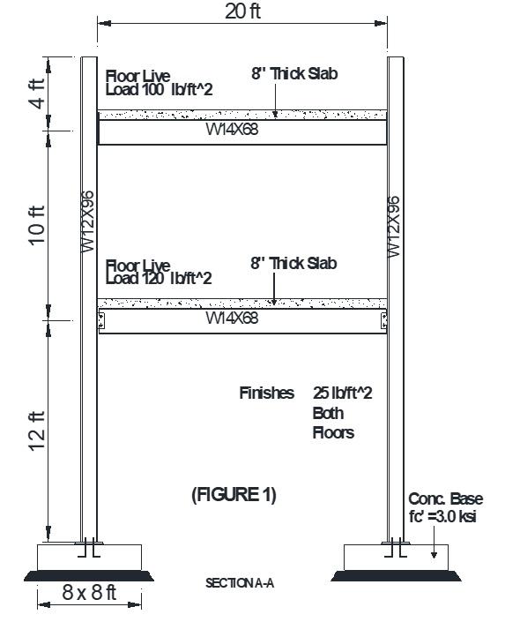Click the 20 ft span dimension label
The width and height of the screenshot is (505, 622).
[x=242, y=11]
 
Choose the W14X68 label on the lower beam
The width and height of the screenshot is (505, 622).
[x=233, y=318]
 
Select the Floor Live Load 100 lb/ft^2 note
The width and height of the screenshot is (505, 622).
[x=160, y=82]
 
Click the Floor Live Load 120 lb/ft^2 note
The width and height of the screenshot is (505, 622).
[x=160, y=272]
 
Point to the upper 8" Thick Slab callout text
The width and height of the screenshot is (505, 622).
[x=293, y=74]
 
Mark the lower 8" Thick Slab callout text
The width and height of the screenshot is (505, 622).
[x=293, y=263]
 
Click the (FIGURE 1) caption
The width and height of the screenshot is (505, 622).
[x=234, y=495]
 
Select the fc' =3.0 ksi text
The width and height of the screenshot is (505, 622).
[x=442, y=516]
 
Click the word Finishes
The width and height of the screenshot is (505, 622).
[x=266, y=393]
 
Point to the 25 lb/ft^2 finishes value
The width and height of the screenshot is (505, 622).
[x=342, y=393]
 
